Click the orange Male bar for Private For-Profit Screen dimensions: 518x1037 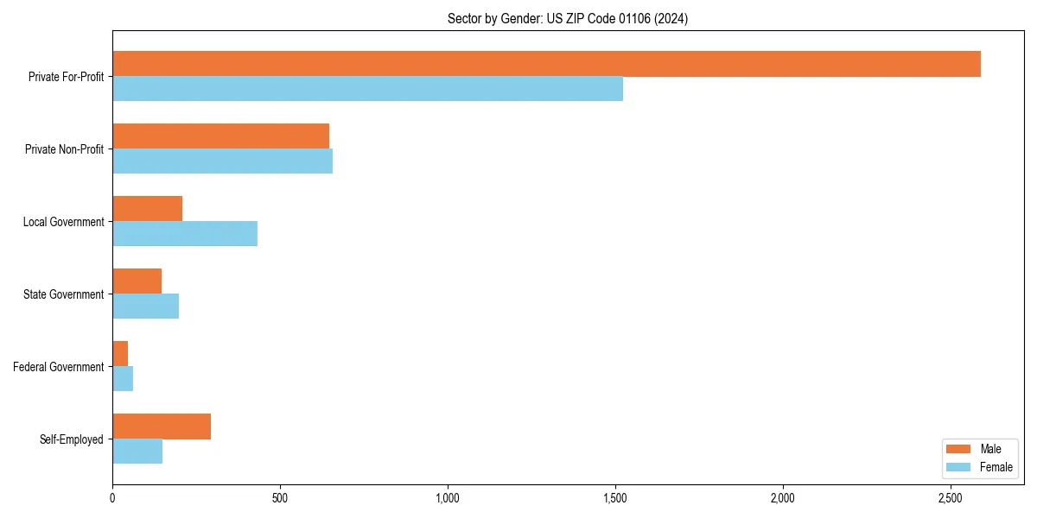[x=546, y=64]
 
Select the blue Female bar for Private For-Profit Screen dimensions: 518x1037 [x=367, y=89]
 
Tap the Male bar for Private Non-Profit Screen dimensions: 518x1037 [x=220, y=136]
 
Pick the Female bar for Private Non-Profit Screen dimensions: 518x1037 [x=222, y=161]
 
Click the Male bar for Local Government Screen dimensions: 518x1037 [x=147, y=209]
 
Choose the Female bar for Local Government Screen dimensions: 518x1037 [x=185, y=234]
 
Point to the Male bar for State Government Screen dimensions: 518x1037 [x=137, y=281]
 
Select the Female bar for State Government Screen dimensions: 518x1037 [x=145, y=306]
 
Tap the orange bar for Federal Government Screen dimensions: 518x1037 [x=120, y=354]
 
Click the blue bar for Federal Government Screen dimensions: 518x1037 [x=123, y=379]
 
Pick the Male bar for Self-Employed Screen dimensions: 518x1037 [x=162, y=426]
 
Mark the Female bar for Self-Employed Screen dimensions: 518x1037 [x=137, y=452]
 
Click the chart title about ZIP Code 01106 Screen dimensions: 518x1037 [x=568, y=19]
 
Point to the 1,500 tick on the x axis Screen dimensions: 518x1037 [x=614, y=498]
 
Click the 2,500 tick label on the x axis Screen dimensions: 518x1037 [x=950, y=498]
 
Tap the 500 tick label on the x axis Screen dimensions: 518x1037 [x=280, y=498]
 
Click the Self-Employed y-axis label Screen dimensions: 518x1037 [x=71, y=439]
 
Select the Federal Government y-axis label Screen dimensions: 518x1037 [x=59, y=367]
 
